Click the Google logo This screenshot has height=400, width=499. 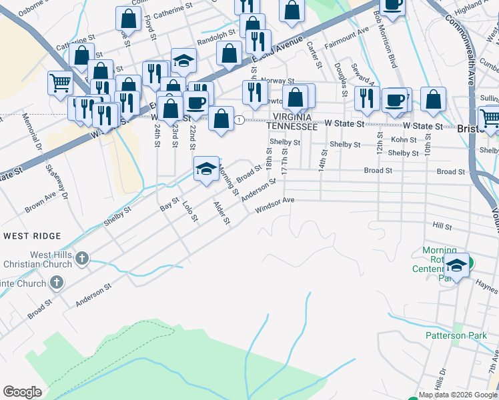point(22,392)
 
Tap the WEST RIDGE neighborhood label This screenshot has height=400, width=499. point(32,236)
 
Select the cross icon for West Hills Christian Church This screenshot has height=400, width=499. point(82,258)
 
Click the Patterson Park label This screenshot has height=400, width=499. point(457,335)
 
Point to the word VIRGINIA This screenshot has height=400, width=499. point(292,116)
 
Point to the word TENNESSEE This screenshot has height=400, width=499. point(292,125)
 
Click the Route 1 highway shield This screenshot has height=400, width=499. point(238,119)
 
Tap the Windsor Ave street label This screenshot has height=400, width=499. point(275,205)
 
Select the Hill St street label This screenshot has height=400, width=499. point(442,227)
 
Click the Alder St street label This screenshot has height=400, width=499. point(221,212)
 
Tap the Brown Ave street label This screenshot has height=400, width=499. point(41,203)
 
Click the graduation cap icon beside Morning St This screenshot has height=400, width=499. point(206,169)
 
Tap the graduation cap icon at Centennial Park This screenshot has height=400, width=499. point(456,265)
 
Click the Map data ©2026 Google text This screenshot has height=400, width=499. point(458,395)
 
